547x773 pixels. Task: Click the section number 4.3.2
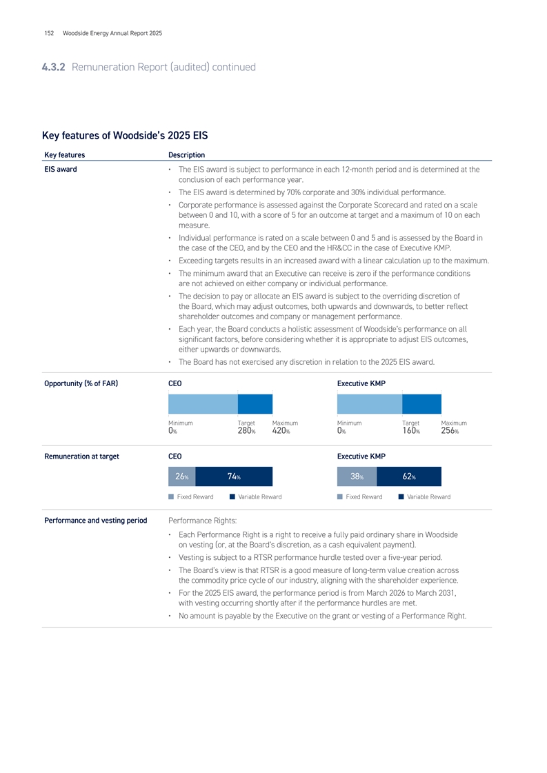[54, 67]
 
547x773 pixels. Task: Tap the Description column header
[186, 154]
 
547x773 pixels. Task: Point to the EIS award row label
[59, 169]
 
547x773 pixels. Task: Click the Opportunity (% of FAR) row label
[79, 383]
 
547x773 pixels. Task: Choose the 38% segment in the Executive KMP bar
[357, 477]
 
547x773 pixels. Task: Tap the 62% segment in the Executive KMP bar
[409, 477]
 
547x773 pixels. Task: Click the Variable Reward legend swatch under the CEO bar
[233, 496]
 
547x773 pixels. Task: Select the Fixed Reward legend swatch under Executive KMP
[341, 496]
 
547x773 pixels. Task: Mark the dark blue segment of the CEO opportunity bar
[255, 403]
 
